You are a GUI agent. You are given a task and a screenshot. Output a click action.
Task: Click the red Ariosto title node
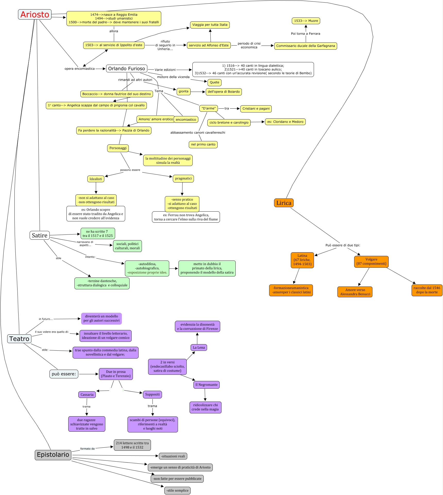[x=35, y=14]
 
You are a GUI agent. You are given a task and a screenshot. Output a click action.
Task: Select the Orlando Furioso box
[x=126, y=68]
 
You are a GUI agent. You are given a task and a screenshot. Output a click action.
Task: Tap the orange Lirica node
[x=284, y=203]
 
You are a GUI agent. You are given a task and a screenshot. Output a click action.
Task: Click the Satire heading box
[x=39, y=235]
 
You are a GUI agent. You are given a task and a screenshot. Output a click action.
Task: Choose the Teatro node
[x=19, y=339]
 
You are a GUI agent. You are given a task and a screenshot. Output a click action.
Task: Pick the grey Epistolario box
[x=53, y=455]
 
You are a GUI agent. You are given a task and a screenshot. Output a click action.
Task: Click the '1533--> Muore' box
[x=306, y=21]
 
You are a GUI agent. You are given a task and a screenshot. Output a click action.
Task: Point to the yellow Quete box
[x=214, y=82]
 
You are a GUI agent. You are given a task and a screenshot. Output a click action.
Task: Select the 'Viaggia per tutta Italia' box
[x=210, y=25]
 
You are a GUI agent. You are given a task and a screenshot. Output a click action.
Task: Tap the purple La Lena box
[x=199, y=348]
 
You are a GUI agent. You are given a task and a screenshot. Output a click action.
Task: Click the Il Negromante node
[x=206, y=385]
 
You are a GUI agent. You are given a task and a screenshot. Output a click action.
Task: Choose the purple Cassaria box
[x=87, y=395]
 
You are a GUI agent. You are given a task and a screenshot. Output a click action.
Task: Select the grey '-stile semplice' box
[x=177, y=490]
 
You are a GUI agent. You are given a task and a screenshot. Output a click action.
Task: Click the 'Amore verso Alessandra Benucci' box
[x=355, y=292]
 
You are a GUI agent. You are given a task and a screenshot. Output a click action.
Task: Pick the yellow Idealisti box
[x=96, y=179]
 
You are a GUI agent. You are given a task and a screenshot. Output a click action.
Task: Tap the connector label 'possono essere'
[x=130, y=170]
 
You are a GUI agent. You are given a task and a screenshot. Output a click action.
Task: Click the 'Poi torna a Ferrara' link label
[x=305, y=34]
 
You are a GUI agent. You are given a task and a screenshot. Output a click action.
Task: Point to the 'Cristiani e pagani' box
[x=256, y=109]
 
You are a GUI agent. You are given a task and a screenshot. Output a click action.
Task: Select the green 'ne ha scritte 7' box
[x=98, y=233]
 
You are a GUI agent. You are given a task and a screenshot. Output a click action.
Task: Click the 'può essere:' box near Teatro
[x=64, y=374]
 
